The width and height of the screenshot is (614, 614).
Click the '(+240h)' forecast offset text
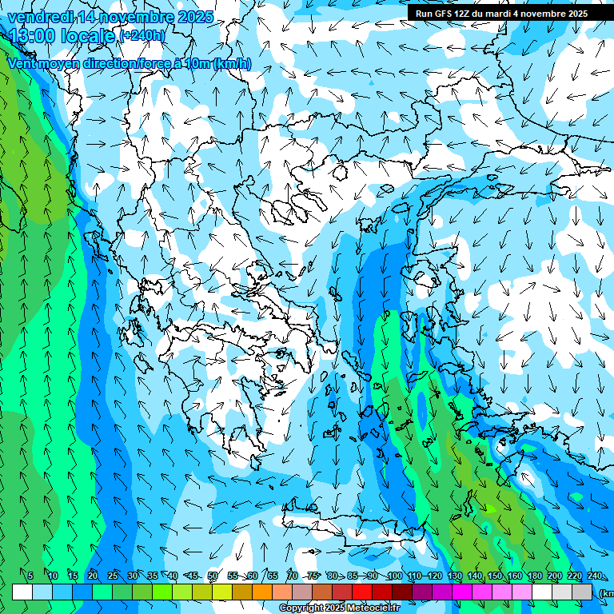click(142, 36)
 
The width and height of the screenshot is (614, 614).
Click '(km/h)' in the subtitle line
click(232, 63)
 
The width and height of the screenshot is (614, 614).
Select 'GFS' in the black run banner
click(454, 14)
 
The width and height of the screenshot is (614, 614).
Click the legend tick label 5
click(30, 576)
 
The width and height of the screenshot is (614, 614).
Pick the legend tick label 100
click(394, 576)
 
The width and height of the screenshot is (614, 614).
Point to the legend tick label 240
click(595, 576)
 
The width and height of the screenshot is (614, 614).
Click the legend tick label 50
click(213, 576)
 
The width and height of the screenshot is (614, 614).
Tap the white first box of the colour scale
click(22, 592)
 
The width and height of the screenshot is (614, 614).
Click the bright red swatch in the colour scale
click(362, 592)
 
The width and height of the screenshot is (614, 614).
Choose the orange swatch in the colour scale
click(262, 592)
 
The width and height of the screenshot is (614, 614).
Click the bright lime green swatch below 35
click(162, 592)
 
